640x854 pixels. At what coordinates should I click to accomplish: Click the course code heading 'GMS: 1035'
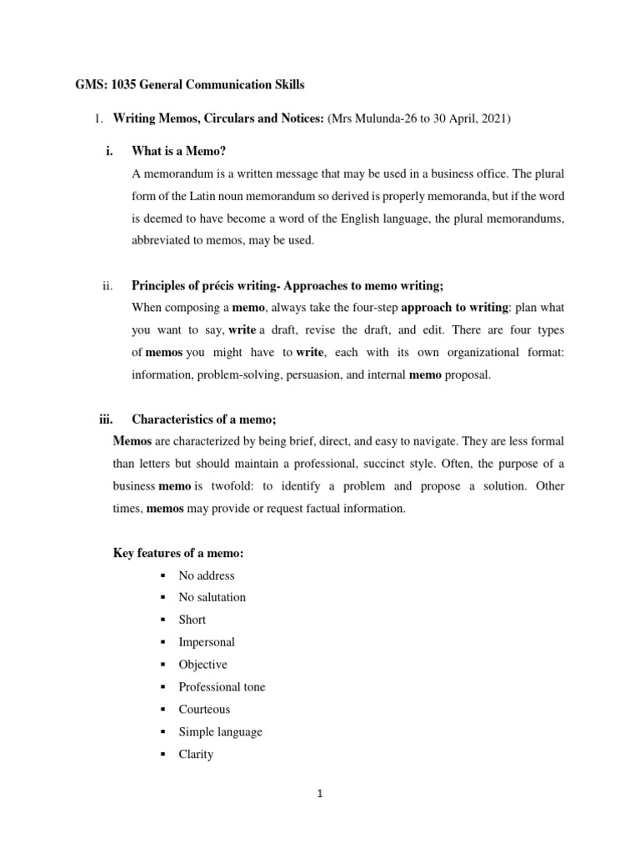[x=94, y=85]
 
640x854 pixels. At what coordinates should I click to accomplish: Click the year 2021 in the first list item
[x=496, y=118]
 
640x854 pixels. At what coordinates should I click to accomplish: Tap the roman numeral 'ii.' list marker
[x=107, y=286]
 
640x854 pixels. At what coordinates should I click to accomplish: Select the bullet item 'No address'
[x=207, y=575]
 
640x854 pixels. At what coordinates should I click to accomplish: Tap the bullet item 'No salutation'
[x=212, y=597]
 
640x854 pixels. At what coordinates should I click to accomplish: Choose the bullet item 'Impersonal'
[x=207, y=642]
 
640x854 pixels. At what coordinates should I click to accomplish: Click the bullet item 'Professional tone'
[x=222, y=687]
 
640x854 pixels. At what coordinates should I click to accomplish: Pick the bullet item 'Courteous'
[x=204, y=709]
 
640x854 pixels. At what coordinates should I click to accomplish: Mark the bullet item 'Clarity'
[x=196, y=754]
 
